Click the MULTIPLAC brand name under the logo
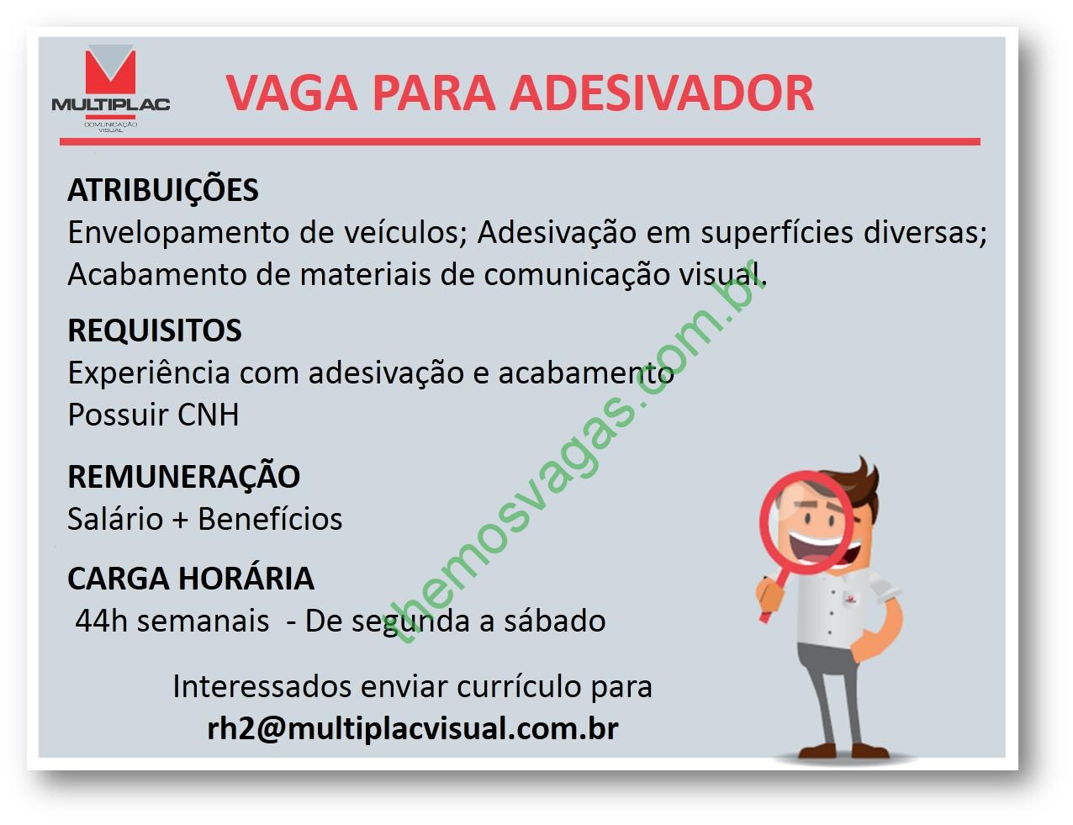coord(111,104)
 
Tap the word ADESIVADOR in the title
coord(661,93)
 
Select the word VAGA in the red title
coord(291,93)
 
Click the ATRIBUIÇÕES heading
coord(163,189)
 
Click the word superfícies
coord(777,232)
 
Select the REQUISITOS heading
coord(155,330)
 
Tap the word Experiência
coord(149,373)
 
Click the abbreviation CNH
coord(208,415)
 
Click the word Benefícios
coord(270,519)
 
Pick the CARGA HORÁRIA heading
coord(191,578)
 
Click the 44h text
coord(101,621)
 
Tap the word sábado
coord(554,621)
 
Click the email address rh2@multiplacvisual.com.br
coord(413,728)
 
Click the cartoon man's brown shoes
coord(843,750)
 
